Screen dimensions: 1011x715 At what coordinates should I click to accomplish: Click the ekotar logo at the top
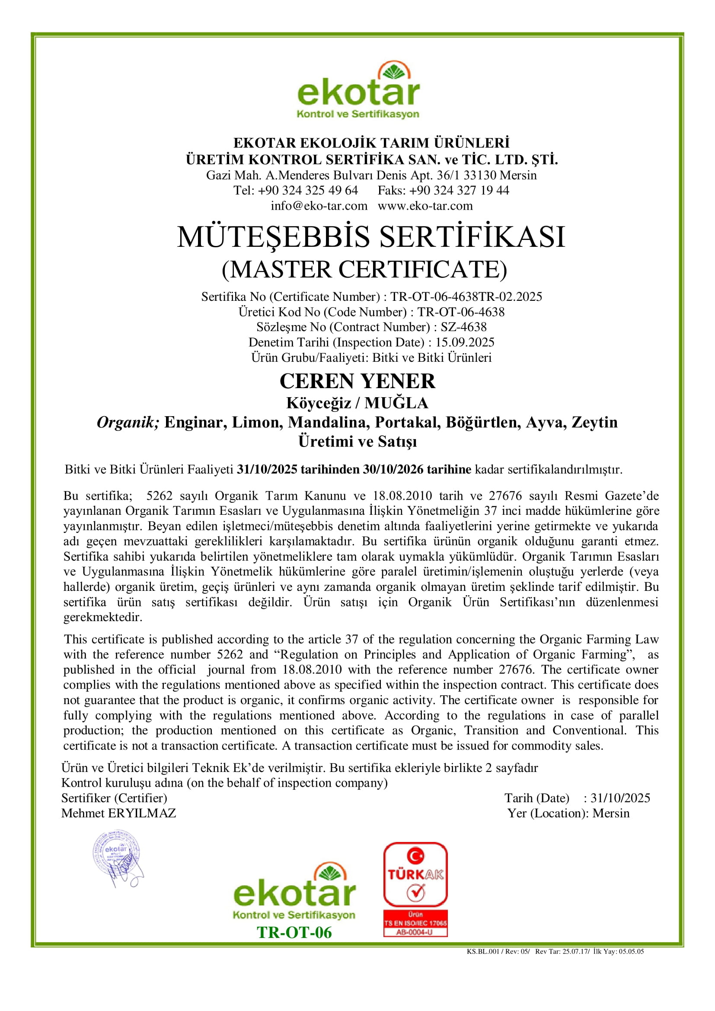pyautogui.click(x=358, y=91)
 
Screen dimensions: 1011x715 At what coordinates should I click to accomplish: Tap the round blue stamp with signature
pyautogui.click(x=117, y=858)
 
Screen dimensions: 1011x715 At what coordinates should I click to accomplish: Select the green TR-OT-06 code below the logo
pyautogui.click(x=294, y=933)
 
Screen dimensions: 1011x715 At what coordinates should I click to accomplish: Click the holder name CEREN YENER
pyautogui.click(x=357, y=381)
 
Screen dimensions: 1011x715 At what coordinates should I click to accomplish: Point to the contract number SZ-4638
pyautogui.click(x=463, y=327)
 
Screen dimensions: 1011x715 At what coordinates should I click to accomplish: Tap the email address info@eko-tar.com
pyautogui.click(x=319, y=206)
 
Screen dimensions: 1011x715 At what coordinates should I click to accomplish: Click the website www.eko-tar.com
pyautogui.click(x=425, y=206)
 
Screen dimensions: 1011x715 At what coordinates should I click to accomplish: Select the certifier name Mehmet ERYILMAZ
pyautogui.click(x=118, y=813)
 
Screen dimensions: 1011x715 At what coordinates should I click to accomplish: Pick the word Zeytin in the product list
pyautogui.click(x=594, y=422)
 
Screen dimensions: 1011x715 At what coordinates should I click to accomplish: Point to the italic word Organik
pyautogui.click(x=128, y=422)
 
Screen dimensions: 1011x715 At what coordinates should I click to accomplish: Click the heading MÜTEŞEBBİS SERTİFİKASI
pyautogui.click(x=371, y=237)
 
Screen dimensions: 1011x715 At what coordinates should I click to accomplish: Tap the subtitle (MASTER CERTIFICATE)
pyautogui.click(x=364, y=269)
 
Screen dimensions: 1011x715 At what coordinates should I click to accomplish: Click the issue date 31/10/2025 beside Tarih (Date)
pyautogui.click(x=620, y=798)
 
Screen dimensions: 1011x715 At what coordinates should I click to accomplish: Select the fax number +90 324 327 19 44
pyautogui.click(x=459, y=190)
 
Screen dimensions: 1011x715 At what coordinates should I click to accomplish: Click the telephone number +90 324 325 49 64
pyautogui.click(x=308, y=190)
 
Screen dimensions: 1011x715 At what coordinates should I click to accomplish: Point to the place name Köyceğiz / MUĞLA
pyautogui.click(x=357, y=403)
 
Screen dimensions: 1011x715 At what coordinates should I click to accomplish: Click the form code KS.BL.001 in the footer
pyautogui.click(x=483, y=951)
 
